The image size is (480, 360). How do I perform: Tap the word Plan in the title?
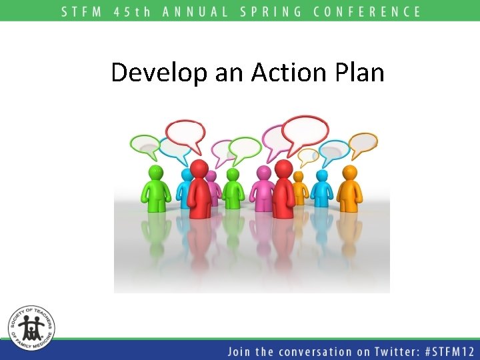coord(360,72)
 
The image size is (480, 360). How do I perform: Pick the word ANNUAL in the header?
coord(194,11)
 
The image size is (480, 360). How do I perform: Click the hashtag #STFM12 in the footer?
coord(445,351)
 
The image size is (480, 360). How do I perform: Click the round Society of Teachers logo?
coord(31,328)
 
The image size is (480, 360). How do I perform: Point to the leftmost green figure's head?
coord(155,173)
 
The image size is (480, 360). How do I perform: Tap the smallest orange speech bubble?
coord(307,156)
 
